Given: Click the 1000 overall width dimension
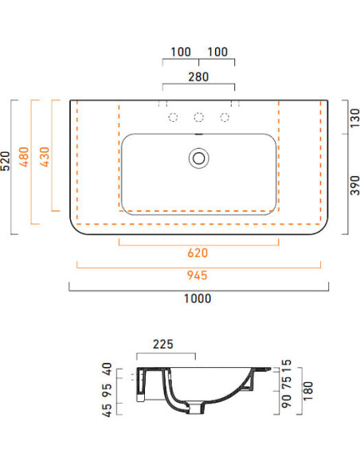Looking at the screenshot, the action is (198, 299).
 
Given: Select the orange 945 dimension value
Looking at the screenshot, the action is (198, 275).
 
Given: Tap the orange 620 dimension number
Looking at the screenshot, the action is (198, 253).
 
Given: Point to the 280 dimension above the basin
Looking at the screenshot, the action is (198, 76).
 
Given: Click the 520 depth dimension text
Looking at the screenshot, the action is (6, 161).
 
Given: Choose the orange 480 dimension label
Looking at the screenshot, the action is (24, 157).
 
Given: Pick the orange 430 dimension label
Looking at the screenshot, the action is (45, 157).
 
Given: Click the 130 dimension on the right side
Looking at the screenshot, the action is (354, 118).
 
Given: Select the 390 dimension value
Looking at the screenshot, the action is (354, 186).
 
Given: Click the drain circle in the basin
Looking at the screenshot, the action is (198, 158).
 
